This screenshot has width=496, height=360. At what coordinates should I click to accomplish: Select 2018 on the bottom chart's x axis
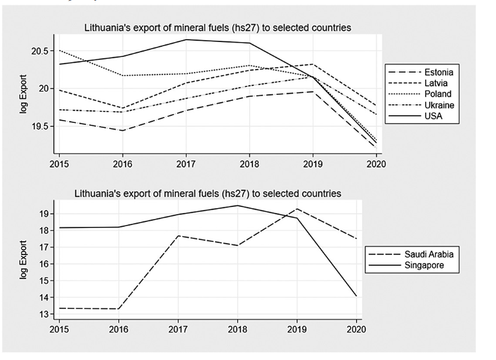click(237, 329)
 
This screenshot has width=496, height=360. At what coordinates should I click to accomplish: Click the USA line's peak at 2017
click(186, 40)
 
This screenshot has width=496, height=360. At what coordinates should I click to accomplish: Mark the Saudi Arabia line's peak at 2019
click(297, 209)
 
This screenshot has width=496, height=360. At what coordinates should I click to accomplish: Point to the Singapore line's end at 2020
click(356, 296)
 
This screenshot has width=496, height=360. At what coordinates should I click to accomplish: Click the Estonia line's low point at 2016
click(122, 131)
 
